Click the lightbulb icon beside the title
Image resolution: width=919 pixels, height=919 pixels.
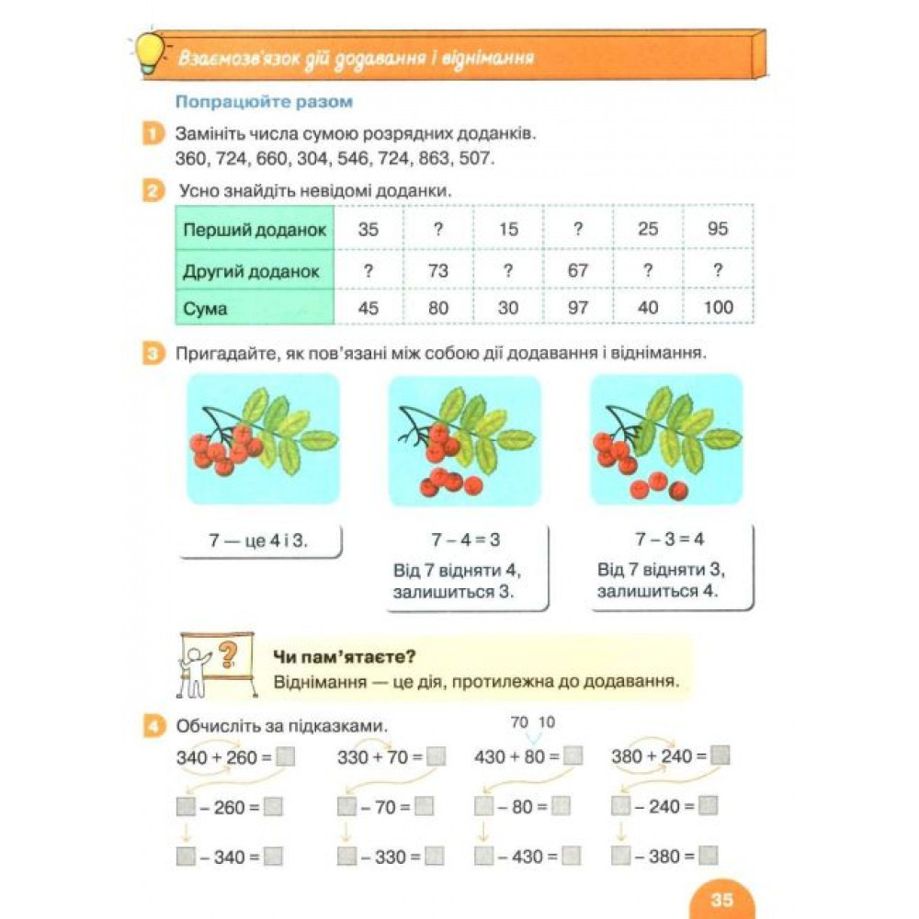(149, 54)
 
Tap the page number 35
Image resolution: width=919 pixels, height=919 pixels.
(721, 899)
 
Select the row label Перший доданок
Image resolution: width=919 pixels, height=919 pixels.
(255, 230)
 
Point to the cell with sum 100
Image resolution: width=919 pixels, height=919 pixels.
(718, 309)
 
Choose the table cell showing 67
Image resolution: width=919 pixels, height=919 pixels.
(578, 271)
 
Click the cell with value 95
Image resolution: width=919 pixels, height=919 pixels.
(718, 230)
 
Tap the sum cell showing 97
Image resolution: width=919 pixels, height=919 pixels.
(578, 309)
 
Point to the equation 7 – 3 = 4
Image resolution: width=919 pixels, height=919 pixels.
(669, 539)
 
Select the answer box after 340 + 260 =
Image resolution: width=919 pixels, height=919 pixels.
(286, 758)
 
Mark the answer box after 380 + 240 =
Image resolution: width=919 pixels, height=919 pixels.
(720, 756)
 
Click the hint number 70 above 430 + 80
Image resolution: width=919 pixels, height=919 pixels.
(520, 722)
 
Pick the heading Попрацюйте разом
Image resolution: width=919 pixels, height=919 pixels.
(265, 102)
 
